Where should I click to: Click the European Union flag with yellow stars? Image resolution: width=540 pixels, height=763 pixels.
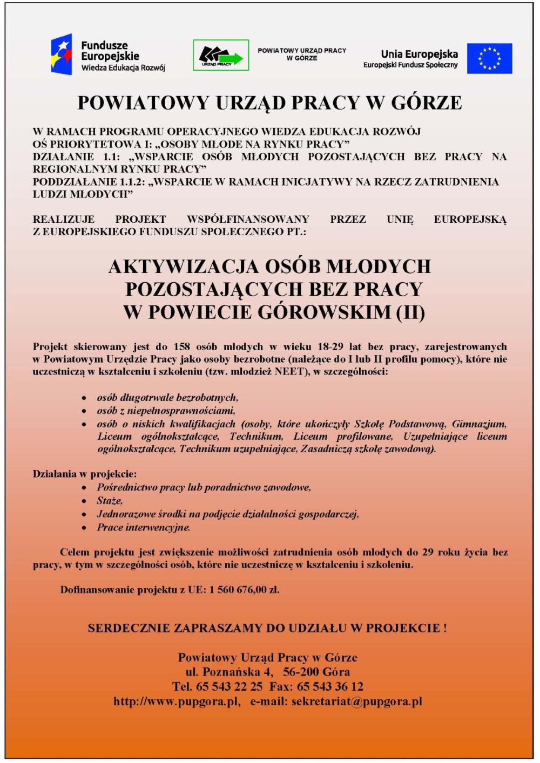coord(489,58)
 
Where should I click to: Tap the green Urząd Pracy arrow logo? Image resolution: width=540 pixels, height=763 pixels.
coord(221,55)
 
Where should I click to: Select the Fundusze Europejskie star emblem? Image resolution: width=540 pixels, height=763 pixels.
coord(61,55)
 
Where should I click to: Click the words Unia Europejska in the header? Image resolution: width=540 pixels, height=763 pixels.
coord(419,54)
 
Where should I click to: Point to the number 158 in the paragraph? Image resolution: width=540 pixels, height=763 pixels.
coord(182,347)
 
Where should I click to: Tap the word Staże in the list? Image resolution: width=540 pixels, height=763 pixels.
coord(110,501)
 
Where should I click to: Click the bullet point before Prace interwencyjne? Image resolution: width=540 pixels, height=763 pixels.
coord(84,528)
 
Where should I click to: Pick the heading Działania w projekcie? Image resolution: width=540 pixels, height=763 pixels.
coord(85,474)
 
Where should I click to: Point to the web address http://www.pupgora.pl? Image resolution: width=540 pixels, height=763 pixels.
coord(177,701)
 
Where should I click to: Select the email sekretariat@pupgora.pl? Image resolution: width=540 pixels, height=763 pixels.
coord(356,701)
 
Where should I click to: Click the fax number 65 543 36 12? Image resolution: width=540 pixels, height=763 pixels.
coord(330,687)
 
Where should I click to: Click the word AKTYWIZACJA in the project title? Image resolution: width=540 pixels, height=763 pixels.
coord(184,267)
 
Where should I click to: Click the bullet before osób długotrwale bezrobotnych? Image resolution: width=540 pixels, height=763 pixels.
coord(84,398)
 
